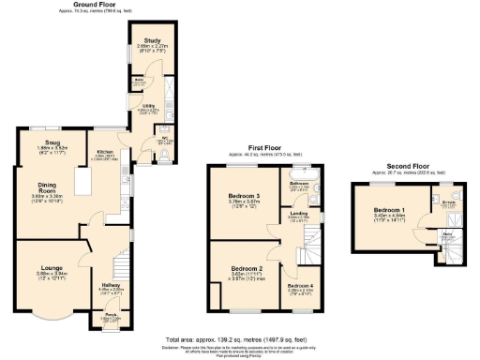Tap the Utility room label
148,107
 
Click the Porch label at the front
111,316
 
